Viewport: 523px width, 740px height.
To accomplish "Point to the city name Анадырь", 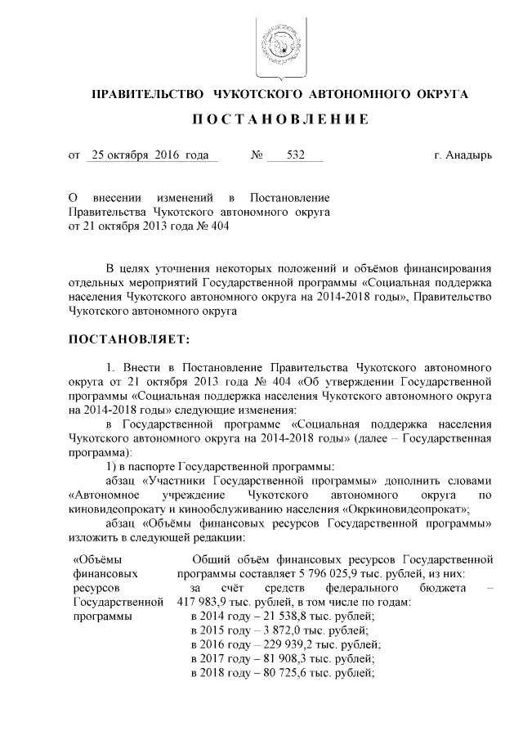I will pyautogui.click(x=470, y=155).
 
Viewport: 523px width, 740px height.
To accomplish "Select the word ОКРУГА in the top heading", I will pyautogui.click(x=442, y=94).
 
